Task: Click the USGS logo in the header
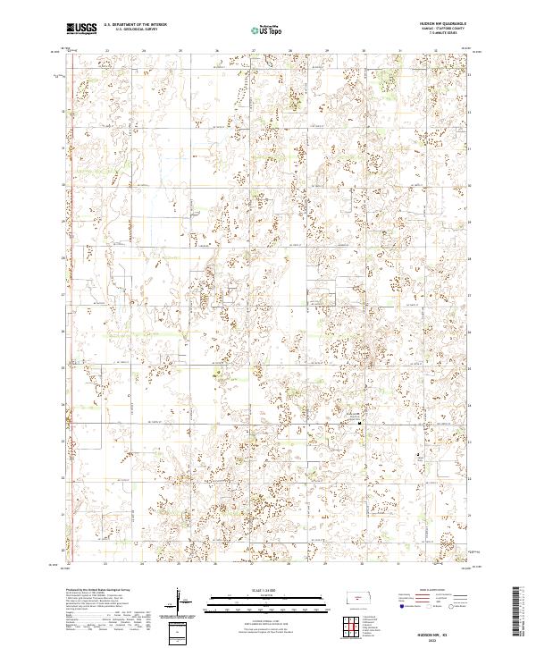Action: tap(83, 29)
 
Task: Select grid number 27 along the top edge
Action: tap(254, 51)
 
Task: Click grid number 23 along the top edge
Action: tap(106, 51)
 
